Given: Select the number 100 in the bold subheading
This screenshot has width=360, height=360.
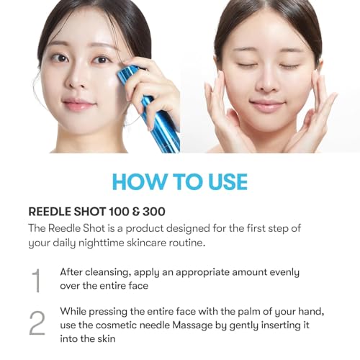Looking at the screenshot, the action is tap(119, 212).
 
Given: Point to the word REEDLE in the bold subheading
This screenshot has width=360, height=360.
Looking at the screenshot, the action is tap(50, 212).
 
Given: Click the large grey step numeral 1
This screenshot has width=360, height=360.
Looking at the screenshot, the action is tap(36, 280).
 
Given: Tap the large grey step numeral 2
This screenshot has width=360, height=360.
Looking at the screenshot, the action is tap(37, 323).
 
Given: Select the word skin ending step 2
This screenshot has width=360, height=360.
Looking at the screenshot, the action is tap(106, 339).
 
